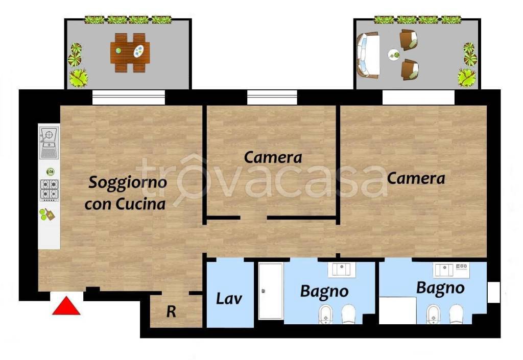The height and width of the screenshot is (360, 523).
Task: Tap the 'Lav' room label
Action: pyautogui.click(x=229, y=298)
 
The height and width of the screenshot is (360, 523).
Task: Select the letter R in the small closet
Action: pyautogui.click(x=171, y=312)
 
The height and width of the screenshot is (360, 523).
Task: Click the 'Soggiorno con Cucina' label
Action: pyautogui.click(x=126, y=193)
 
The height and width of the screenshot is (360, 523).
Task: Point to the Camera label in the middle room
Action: pyautogui.click(x=273, y=157)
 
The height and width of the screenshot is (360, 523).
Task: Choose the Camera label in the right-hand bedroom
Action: pyautogui.click(x=416, y=179)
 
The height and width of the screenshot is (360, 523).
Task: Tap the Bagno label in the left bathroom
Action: pyautogui.click(x=324, y=292)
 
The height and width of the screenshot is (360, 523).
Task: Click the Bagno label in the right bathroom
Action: pyautogui.click(x=440, y=287)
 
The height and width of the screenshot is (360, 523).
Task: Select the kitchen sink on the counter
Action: pyautogui.click(x=50, y=142)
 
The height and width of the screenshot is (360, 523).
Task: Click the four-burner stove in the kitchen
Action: pyautogui.click(x=50, y=189)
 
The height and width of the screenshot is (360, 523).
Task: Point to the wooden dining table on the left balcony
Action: pyautogui.click(x=130, y=52)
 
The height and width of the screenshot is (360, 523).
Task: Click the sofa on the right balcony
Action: pyautogui.click(x=368, y=54)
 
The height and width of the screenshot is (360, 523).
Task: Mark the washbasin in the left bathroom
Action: pyautogui.click(x=342, y=269)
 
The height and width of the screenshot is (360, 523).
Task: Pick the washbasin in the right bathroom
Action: pyautogui.click(x=443, y=269)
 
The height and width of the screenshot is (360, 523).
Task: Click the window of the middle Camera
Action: pyautogui.click(x=272, y=98)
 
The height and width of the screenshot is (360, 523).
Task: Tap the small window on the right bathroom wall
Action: pyautogui.click(x=493, y=292)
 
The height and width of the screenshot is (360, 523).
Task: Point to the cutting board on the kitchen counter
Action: pyautogui.click(x=47, y=214)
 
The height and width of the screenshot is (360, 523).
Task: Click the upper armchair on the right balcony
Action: pyautogui.click(x=409, y=39)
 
